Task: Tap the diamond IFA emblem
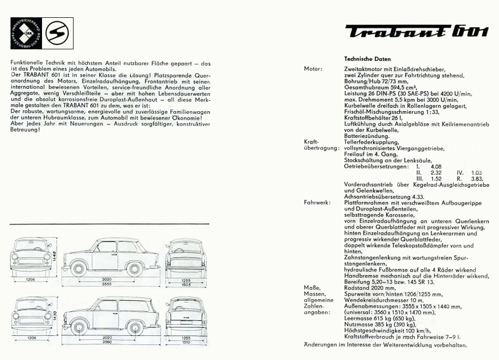25,34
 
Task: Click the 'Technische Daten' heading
367,59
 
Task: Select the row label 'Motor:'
313,69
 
